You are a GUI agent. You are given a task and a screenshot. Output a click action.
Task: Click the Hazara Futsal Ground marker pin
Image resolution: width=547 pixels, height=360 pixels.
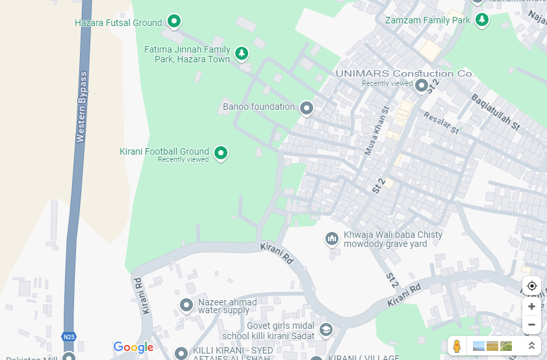pos(174,21)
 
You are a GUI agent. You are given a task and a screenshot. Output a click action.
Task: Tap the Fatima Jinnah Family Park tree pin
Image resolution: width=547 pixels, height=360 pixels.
pos(242,52)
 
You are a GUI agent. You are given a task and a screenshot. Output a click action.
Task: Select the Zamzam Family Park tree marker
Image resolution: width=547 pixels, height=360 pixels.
pos(482,19)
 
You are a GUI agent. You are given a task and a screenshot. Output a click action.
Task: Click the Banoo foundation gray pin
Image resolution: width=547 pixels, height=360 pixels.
pos(307,107)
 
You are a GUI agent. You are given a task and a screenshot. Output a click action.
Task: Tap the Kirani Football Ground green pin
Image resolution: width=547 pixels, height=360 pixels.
pos(221,153)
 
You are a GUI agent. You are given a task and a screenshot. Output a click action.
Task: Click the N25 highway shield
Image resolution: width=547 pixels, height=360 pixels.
pos(69,337)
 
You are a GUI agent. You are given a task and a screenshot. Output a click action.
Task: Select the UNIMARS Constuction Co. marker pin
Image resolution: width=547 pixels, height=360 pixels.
pos(422,84)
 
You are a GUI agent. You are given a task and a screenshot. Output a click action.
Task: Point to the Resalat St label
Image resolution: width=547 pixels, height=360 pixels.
pos(441,123)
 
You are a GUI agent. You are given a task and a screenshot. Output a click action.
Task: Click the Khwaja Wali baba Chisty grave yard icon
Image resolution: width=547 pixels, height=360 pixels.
pos(332,239)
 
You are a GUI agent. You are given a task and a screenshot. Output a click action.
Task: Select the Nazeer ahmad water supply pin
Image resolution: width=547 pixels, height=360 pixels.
pos(186,304)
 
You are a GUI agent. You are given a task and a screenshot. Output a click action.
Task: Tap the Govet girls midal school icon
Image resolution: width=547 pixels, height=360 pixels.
pos(325,330)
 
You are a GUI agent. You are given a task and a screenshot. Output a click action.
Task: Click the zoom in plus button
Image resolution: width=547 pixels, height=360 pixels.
pos(531,306)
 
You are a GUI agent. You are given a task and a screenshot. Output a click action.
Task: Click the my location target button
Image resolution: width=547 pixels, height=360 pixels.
pos(531,286)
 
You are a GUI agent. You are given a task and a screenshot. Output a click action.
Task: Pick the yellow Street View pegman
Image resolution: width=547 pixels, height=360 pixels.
pos(457,346)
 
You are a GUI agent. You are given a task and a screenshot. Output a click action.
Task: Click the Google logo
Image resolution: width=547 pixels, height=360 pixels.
pos(133,348)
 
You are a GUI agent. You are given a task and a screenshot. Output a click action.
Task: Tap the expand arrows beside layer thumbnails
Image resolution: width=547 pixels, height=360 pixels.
pos(531,346)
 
